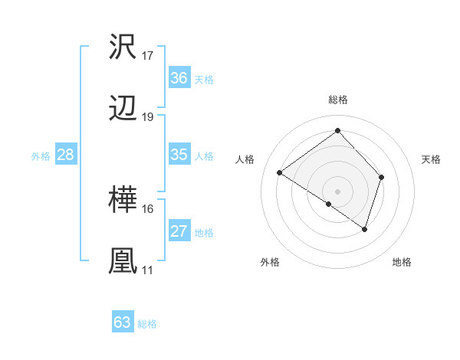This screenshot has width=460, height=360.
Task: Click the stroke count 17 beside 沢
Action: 148,56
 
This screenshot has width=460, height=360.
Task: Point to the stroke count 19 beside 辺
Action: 148,117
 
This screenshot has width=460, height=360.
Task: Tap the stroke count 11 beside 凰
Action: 148,270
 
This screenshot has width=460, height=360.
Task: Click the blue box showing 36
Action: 179,78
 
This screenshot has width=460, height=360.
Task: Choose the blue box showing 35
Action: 179,155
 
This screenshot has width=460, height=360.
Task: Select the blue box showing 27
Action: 179,231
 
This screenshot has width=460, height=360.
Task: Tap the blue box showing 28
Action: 66,155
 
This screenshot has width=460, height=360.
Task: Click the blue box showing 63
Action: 123,322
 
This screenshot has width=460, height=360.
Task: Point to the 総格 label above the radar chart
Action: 338,100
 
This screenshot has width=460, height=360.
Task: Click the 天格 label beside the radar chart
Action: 432,159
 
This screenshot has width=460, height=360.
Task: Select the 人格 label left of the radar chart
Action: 245,159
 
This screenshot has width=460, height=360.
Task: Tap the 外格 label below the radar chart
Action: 270,262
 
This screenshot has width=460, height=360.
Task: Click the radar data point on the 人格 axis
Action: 280,172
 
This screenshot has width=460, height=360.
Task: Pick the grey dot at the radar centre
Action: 338,191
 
